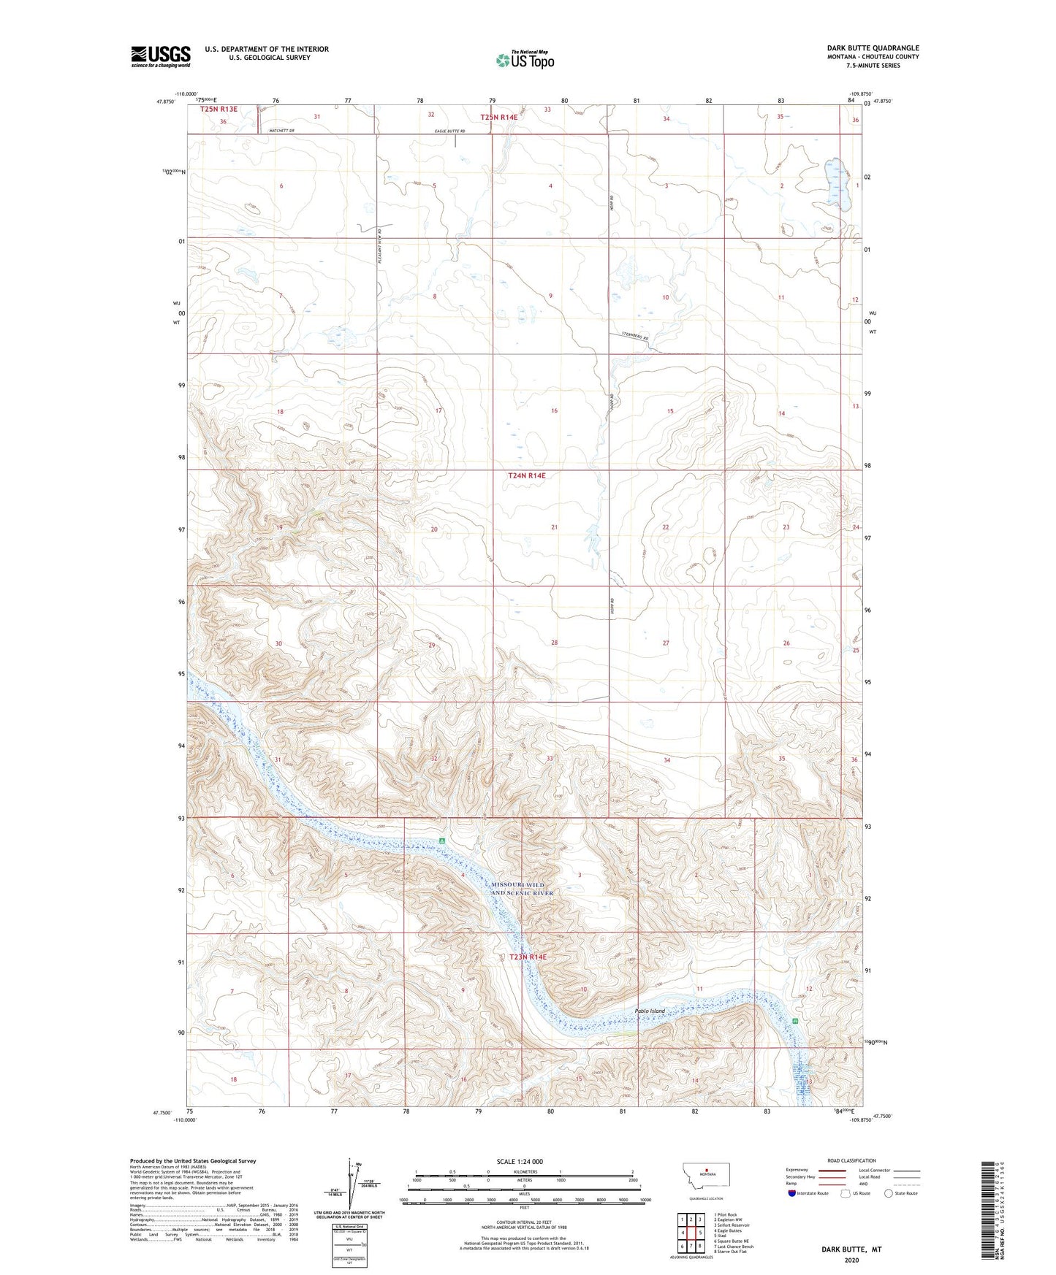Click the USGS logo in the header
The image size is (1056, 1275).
point(160,56)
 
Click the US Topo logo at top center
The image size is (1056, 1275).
point(525,60)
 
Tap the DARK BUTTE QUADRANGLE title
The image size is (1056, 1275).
point(863,47)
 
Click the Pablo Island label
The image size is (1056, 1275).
point(649,1011)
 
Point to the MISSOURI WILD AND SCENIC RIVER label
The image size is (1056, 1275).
point(522,889)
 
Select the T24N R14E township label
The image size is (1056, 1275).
point(526,475)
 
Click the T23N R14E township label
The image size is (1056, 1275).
point(527,957)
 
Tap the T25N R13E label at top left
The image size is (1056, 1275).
point(219,109)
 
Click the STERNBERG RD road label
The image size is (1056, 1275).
point(635,337)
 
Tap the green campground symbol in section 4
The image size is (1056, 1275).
point(441,841)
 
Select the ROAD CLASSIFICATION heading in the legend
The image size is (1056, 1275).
point(851,1160)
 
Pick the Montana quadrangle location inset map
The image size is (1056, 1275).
point(705,1179)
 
